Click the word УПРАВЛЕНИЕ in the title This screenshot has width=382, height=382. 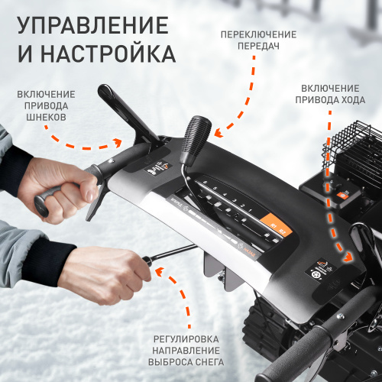point(92,24)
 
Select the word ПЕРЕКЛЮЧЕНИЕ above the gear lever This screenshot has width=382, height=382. point(259,35)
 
